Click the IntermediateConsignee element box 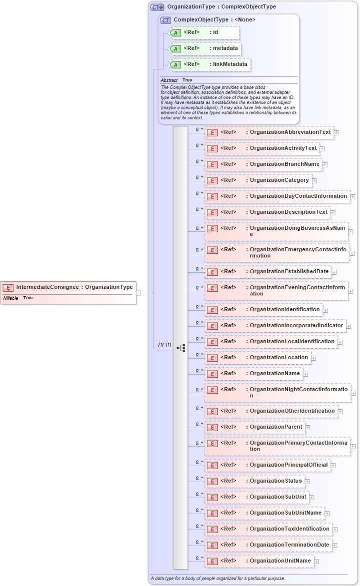pyautogui.click(x=68, y=287)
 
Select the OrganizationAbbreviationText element pyautogui.click(x=269, y=132)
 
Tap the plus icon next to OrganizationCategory pyautogui.click(x=314, y=180)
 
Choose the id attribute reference pyautogui.click(x=204, y=32)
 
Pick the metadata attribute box pyautogui.click(x=205, y=48)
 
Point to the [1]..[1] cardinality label pyautogui.click(x=164, y=345)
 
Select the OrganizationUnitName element pyautogui.click(x=259, y=561)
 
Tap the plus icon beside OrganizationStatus pyautogui.click(x=307, y=482)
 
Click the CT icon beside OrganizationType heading pyautogui.click(x=157, y=7)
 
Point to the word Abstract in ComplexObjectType pyautogui.click(x=169, y=80)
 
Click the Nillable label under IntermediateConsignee pyautogui.click(x=10, y=298)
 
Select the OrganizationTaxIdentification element pyautogui.click(x=268, y=529)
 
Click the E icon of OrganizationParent pyautogui.click(x=212, y=428)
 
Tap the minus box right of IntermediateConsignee pyautogui.click(x=138, y=293)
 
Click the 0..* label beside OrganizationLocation pyautogui.click(x=199, y=354)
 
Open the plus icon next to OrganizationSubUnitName pyautogui.click(x=327, y=514)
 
